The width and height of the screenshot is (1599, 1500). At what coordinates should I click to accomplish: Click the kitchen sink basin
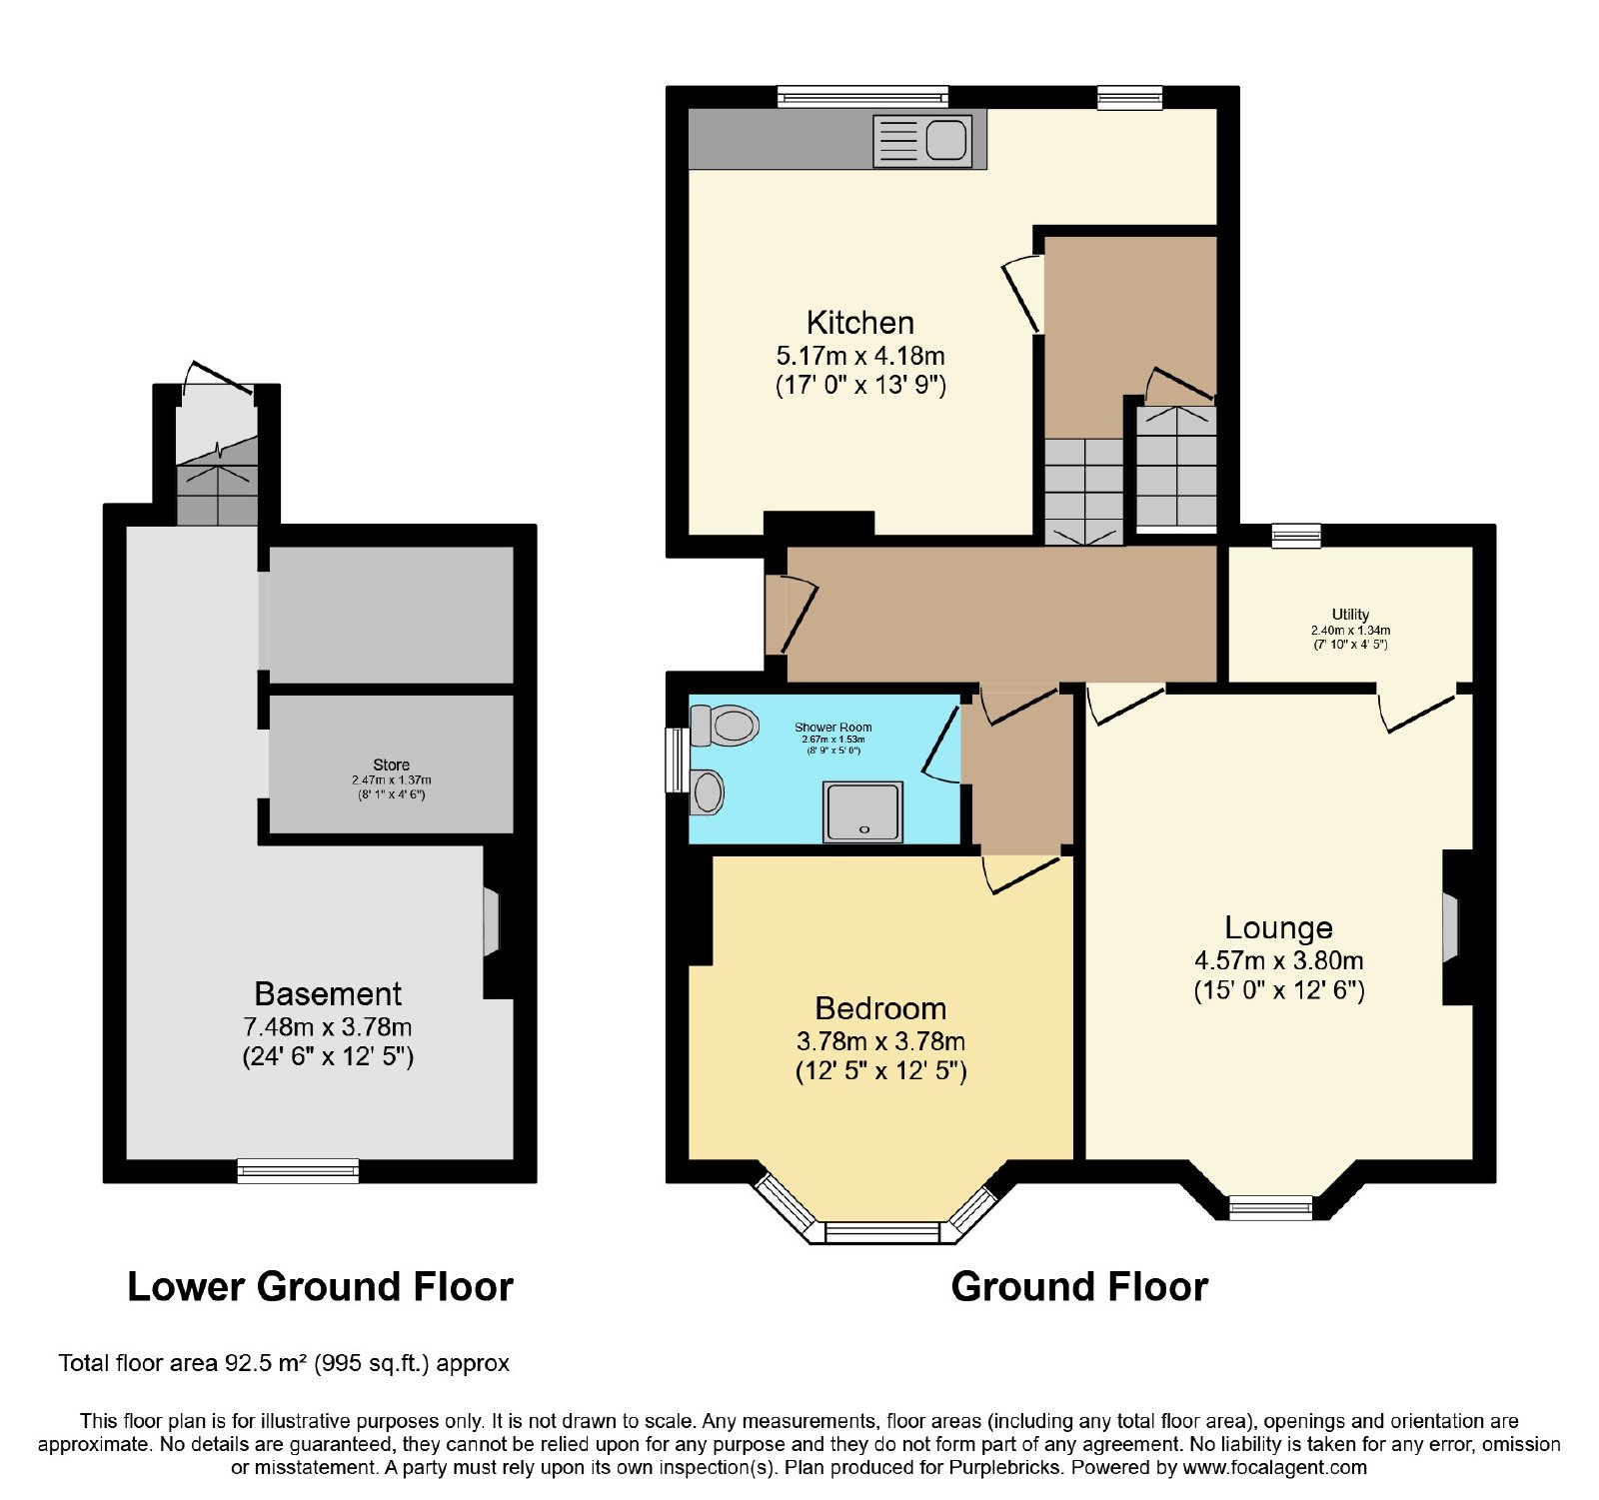pyautogui.click(x=945, y=140)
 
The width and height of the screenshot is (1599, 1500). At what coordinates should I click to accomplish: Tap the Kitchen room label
pyautogui.click(x=860, y=323)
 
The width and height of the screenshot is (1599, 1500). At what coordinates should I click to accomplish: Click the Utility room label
pyautogui.click(x=1350, y=615)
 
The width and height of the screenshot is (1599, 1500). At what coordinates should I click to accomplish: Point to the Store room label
pyautogui.click(x=391, y=765)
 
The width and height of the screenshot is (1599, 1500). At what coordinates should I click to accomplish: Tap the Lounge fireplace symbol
pyautogui.click(x=1450, y=929)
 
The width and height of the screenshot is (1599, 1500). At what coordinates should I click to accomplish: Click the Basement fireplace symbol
pyautogui.click(x=491, y=921)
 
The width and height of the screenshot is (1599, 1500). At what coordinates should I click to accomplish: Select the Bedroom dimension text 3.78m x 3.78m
pyautogui.click(x=880, y=1041)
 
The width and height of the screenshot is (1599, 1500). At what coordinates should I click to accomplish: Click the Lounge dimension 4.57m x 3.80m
pyautogui.click(x=1279, y=960)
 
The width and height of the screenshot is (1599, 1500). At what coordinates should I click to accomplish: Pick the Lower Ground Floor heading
pyautogui.click(x=320, y=1287)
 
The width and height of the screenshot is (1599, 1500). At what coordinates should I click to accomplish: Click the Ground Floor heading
pyautogui.click(x=1079, y=1287)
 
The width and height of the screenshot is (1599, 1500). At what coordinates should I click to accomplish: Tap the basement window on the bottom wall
pyautogui.click(x=298, y=1170)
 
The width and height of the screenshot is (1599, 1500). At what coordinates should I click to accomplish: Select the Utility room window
pyautogui.click(x=1296, y=536)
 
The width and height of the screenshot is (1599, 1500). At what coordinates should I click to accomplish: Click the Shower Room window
pyautogui.click(x=678, y=760)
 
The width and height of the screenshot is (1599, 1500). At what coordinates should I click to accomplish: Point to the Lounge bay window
pyautogui.click(x=1271, y=1207)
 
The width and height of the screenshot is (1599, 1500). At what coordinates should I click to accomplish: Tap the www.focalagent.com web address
pyautogui.click(x=1274, y=1468)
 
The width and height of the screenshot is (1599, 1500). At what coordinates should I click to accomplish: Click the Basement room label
pyautogui.click(x=328, y=994)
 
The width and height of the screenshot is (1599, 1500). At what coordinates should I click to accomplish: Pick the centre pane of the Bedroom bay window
pyautogui.click(x=883, y=1232)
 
